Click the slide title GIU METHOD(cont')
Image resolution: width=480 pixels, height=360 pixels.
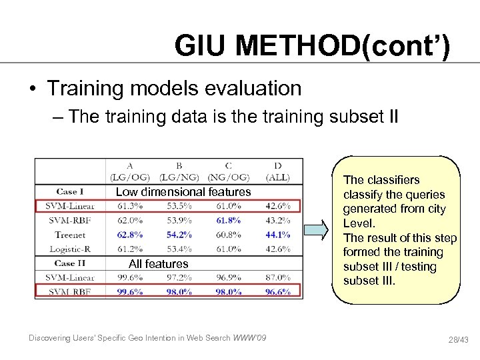(312, 46)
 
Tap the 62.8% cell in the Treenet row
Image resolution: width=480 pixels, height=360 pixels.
(129, 235)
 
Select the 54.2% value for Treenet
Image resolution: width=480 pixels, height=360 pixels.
(179, 235)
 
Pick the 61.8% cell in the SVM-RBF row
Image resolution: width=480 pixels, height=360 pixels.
(229, 220)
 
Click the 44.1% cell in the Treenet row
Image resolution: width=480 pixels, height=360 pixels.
(277, 235)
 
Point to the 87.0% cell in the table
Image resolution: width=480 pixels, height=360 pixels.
(277, 277)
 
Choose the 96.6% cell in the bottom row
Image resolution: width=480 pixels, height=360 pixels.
(277, 291)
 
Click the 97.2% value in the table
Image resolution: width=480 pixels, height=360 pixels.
(179, 277)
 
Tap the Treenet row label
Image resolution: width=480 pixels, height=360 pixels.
(70, 235)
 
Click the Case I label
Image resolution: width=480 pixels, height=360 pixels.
(70, 192)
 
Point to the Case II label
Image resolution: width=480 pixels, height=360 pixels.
(71, 263)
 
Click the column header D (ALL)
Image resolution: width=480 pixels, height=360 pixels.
(277, 172)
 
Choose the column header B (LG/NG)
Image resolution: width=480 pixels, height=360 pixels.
(179, 172)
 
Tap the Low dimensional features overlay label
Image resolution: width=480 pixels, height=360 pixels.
(183, 192)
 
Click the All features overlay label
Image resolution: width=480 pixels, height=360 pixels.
(159, 264)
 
